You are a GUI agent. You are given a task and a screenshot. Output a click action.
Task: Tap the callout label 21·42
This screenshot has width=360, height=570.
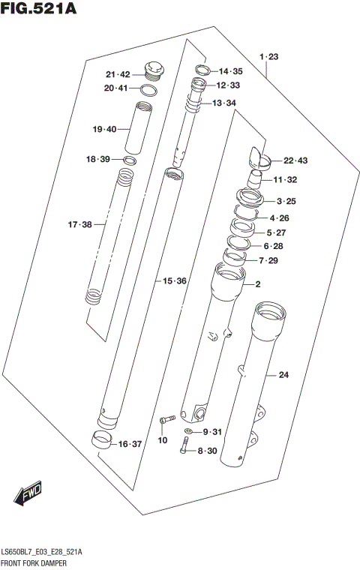[118, 74]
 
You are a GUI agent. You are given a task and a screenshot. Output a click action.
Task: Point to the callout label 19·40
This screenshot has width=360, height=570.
[104, 130]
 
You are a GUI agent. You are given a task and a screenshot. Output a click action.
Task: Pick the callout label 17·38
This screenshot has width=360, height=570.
[79, 224]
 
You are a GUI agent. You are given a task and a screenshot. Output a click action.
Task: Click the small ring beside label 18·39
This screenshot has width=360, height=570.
[130, 160]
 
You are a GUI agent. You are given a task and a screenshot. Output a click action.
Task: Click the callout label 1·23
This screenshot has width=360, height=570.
[268, 57]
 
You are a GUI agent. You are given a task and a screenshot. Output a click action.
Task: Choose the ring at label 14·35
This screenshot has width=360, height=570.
[200, 70]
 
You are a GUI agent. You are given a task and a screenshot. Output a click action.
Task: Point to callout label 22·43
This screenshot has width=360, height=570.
[295, 160]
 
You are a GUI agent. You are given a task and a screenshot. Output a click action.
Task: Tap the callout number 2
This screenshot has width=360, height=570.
[257, 284]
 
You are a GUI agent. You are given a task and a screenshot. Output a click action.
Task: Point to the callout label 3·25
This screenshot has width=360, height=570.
[286, 201]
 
